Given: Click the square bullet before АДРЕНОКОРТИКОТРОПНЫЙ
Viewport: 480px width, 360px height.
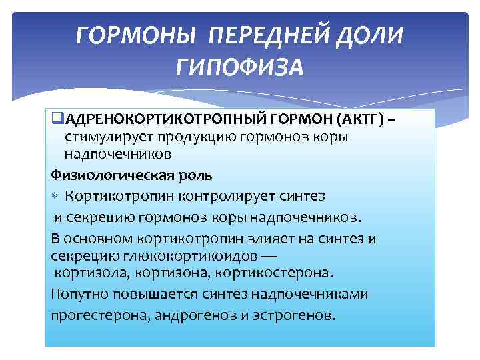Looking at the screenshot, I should [x=55, y=120].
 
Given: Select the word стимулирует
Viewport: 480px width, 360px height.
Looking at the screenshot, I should [x=107, y=138].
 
